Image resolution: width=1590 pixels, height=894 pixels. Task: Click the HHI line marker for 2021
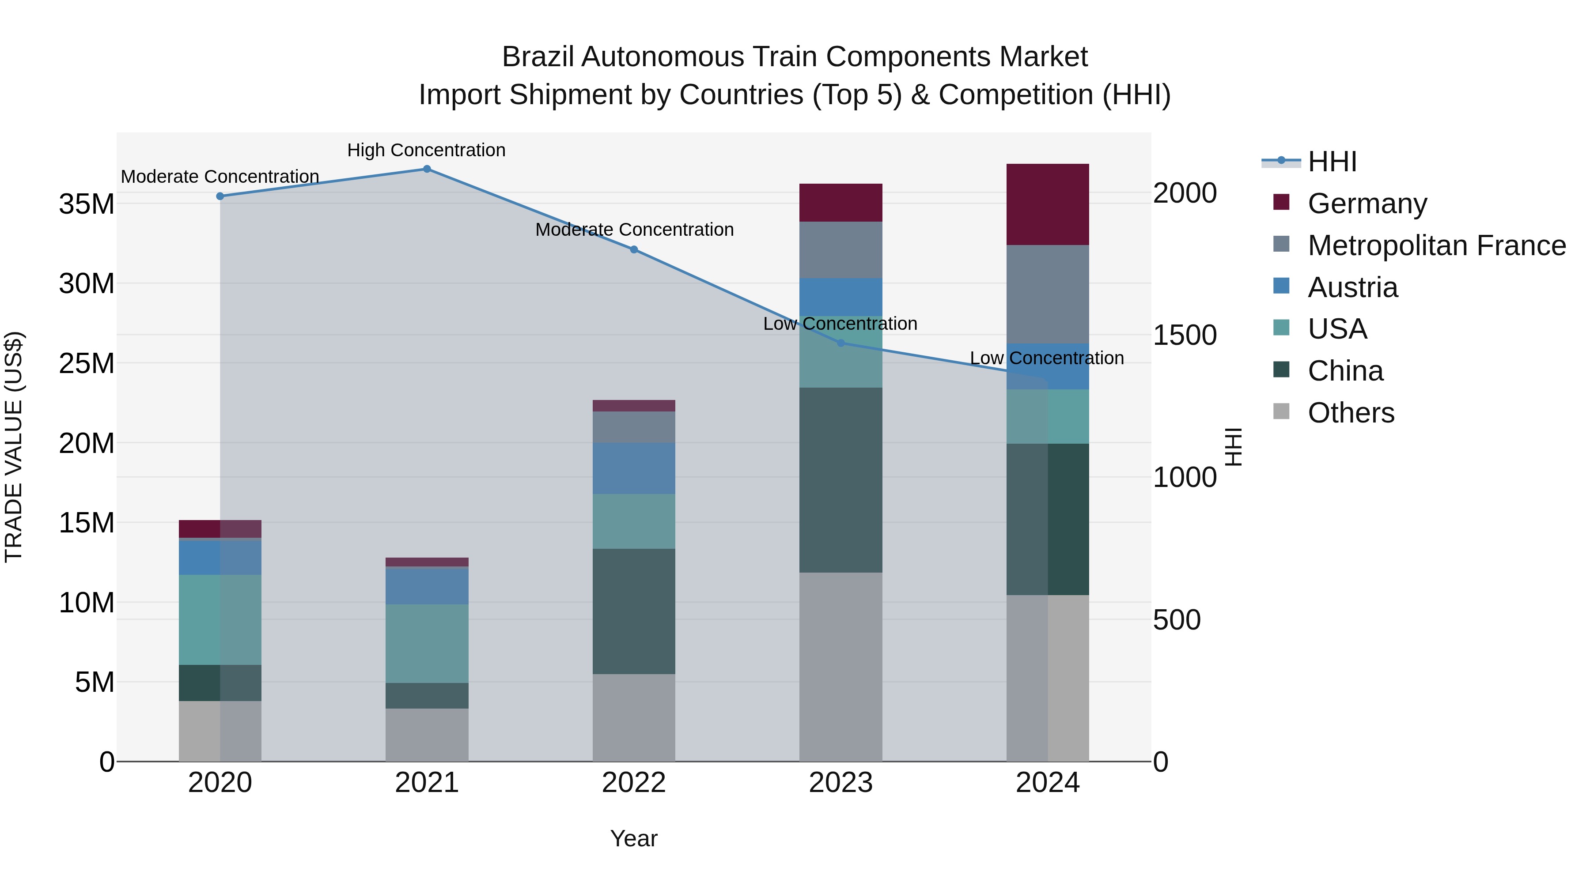(x=427, y=169)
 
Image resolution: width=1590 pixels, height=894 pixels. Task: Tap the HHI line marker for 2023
(x=840, y=343)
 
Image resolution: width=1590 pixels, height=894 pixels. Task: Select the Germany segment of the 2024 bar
(x=1048, y=204)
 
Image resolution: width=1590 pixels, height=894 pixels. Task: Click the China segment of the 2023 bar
(x=840, y=480)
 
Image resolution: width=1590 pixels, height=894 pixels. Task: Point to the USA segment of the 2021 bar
(x=427, y=644)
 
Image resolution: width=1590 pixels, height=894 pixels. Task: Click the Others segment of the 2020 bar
(x=220, y=731)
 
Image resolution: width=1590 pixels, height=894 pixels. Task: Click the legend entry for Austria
(x=1352, y=287)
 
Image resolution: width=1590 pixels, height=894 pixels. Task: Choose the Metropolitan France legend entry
(x=1436, y=245)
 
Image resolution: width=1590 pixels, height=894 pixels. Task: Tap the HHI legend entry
(x=1331, y=162)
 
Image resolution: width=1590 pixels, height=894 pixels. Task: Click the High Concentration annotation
(x=427, y=150)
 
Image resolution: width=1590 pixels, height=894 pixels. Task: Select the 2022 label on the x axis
(x=634, y=783)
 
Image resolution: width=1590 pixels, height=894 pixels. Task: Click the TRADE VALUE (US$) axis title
(x=14, y=447)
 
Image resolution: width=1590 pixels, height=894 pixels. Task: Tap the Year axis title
(x=634, y=838)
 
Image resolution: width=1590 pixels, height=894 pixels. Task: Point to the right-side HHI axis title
(x=1233, y=447)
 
